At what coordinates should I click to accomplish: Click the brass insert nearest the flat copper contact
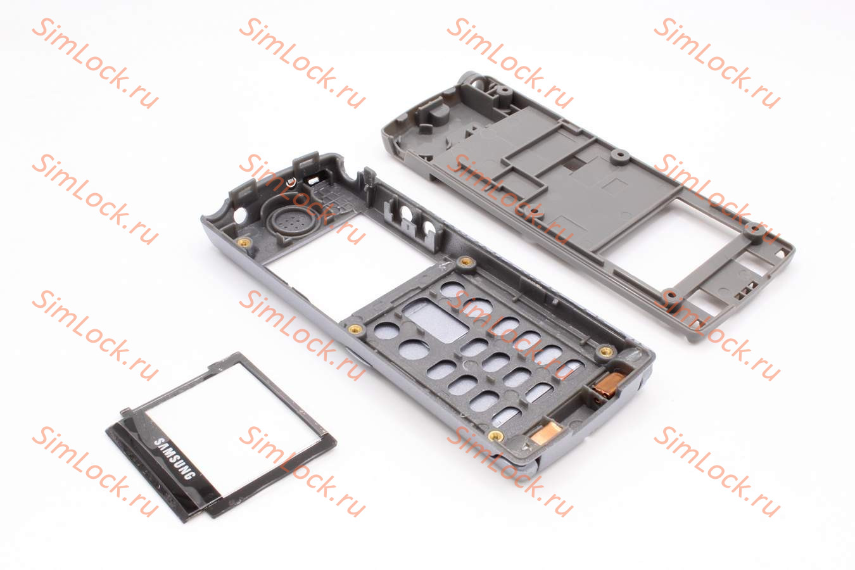pyautogui.click(x=496, y=435)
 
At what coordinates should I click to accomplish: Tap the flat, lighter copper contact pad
pyautogui.click(x=545, y=433)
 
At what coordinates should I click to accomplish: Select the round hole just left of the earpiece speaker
pyautogui.click(x=239, y=215)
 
